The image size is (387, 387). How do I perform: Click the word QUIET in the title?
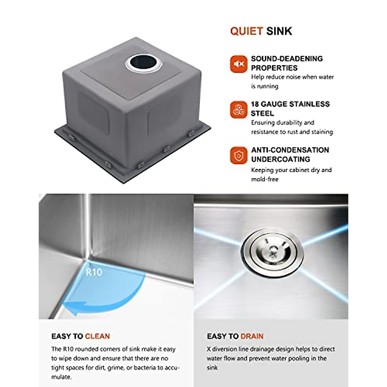click(246, 31)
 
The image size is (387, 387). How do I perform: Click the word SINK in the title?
click(279, 31)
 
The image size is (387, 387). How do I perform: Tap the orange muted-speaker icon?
click(238, 64)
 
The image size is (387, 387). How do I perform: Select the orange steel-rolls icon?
click(238, 110)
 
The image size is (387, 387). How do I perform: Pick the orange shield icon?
click(238, 156)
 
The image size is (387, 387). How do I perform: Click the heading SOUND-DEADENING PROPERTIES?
click(287, 63)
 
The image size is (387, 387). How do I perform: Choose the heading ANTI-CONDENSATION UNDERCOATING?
click(290, 154)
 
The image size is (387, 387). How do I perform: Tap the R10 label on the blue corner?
click(94, 273)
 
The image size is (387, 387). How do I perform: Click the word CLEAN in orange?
click(97, 336)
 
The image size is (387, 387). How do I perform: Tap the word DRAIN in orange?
click(252, 336)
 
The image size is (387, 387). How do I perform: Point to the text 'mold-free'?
click(264, 179)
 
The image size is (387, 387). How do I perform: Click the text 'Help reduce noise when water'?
click(292, 77)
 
